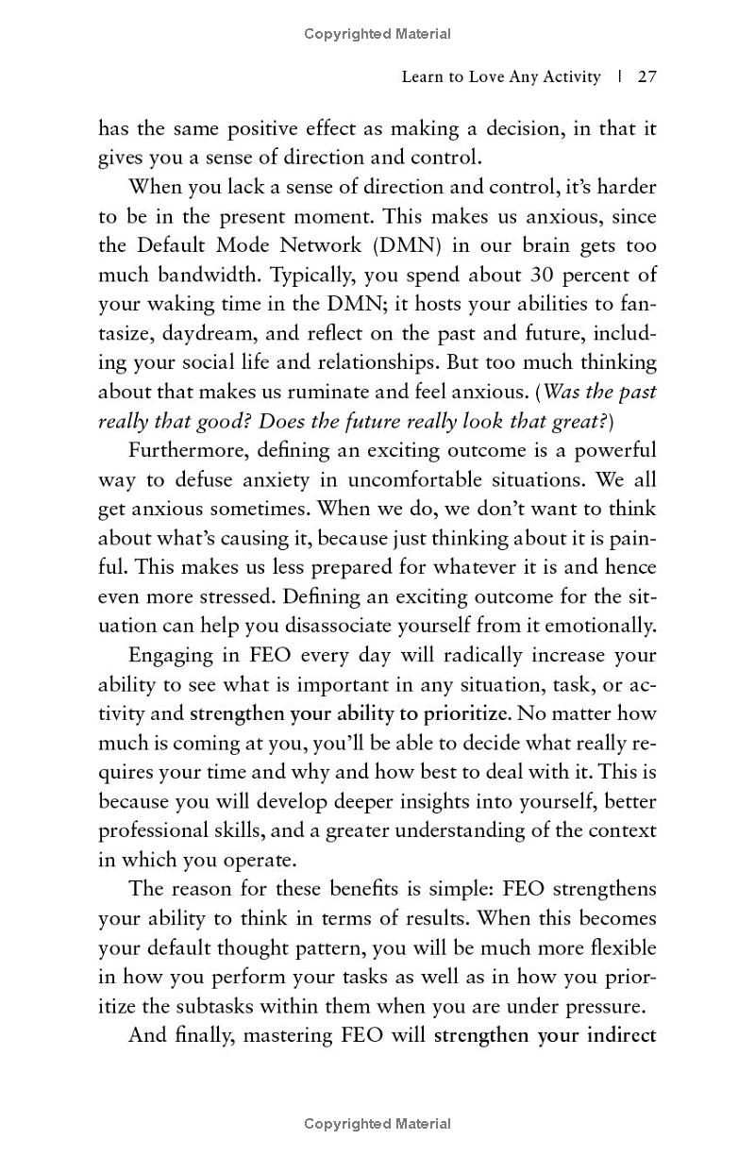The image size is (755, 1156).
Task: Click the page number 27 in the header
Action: pos(646,76)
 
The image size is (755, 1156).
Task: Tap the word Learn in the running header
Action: pos(424,76)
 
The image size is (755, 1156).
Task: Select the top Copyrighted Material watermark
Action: pos(377,34)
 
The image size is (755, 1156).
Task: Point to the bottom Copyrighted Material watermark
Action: pos(377,1123)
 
